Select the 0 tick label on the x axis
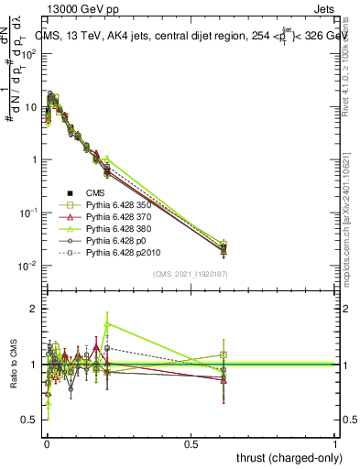pyautogui.click(x=47, y=443)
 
